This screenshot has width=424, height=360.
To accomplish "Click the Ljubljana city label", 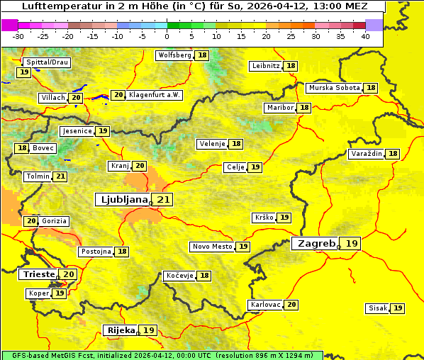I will click(x=122, y=200).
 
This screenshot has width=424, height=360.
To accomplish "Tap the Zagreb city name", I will click(x=316, y=244).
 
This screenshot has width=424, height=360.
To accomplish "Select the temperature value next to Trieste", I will click(x=69, y=274).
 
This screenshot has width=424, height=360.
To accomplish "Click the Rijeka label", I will click(x=120, y=330).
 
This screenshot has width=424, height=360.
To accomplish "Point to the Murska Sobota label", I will click(x=334, y=88).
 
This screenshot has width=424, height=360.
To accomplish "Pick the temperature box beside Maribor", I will click(x=304, y=108).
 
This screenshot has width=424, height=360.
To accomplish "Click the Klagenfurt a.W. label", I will click(x=155, y=95).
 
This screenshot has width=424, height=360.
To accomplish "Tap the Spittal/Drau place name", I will click(x=46, y=62).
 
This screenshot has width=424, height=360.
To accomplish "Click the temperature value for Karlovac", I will click(x=291, y=305).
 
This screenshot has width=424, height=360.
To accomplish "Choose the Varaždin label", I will click(x=366, y=154).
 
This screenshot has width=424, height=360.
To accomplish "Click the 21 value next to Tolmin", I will click(x=60, y=176).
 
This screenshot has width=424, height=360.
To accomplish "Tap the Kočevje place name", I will click(x=179, y=276).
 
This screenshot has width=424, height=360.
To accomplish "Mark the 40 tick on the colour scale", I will click(x=365, y=36).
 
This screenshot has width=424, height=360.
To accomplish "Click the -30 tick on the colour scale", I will click(x=18, y=36).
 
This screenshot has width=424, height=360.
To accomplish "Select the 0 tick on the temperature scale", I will click(x=167, y=36).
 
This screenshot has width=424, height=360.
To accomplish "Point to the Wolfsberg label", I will click(x=174, y=55).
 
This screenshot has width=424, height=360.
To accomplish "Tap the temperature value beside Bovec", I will click(x=22, y=148).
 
